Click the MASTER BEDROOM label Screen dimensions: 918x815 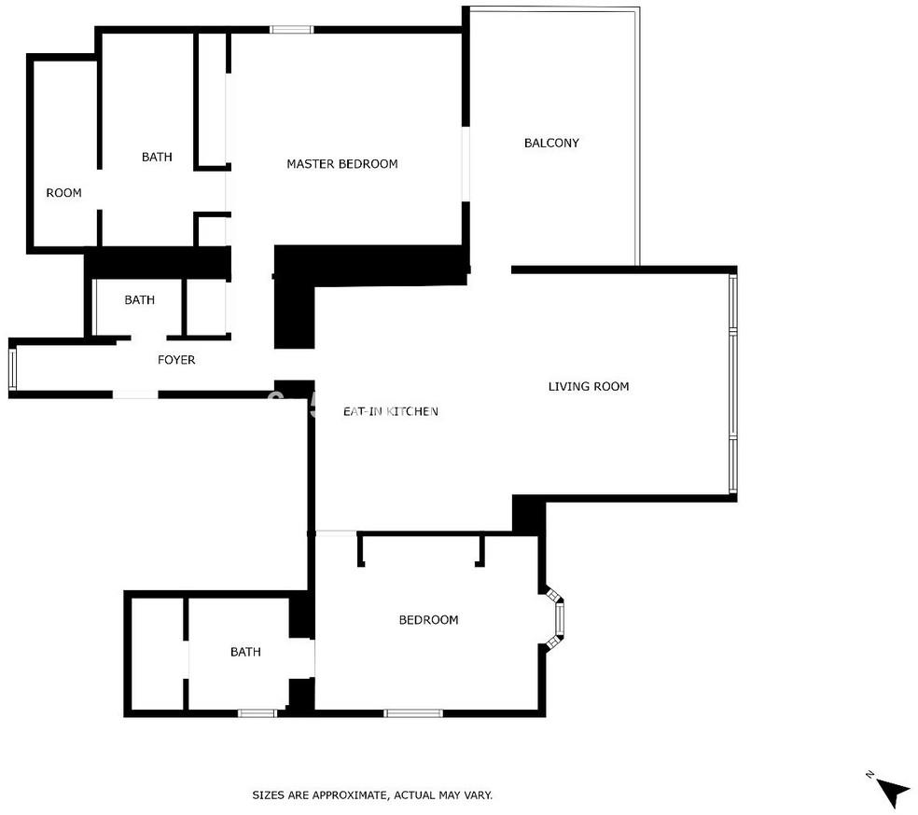coord(341,164)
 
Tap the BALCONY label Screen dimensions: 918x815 coord(551,143)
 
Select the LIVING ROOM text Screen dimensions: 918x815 coord(589,386)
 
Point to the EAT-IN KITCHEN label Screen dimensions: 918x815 coord(391,411)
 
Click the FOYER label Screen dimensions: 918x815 coord(176,360)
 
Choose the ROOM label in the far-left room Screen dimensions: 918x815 coord(63,192)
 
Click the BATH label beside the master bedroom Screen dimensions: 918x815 coord(157,157)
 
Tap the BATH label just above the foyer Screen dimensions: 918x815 coord(139,299)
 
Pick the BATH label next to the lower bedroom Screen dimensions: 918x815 coord(245,652)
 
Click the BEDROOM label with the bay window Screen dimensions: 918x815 coord(428,619)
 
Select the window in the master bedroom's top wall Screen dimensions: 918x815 coord(291,29)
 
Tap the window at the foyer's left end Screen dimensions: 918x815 coord(12,368)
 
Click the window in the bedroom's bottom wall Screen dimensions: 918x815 coord(413,713)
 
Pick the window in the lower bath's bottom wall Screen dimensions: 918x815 coord(257,713)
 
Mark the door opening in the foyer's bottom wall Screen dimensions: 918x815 coord(135,395)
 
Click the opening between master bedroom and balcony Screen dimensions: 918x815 coord(466,164)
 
